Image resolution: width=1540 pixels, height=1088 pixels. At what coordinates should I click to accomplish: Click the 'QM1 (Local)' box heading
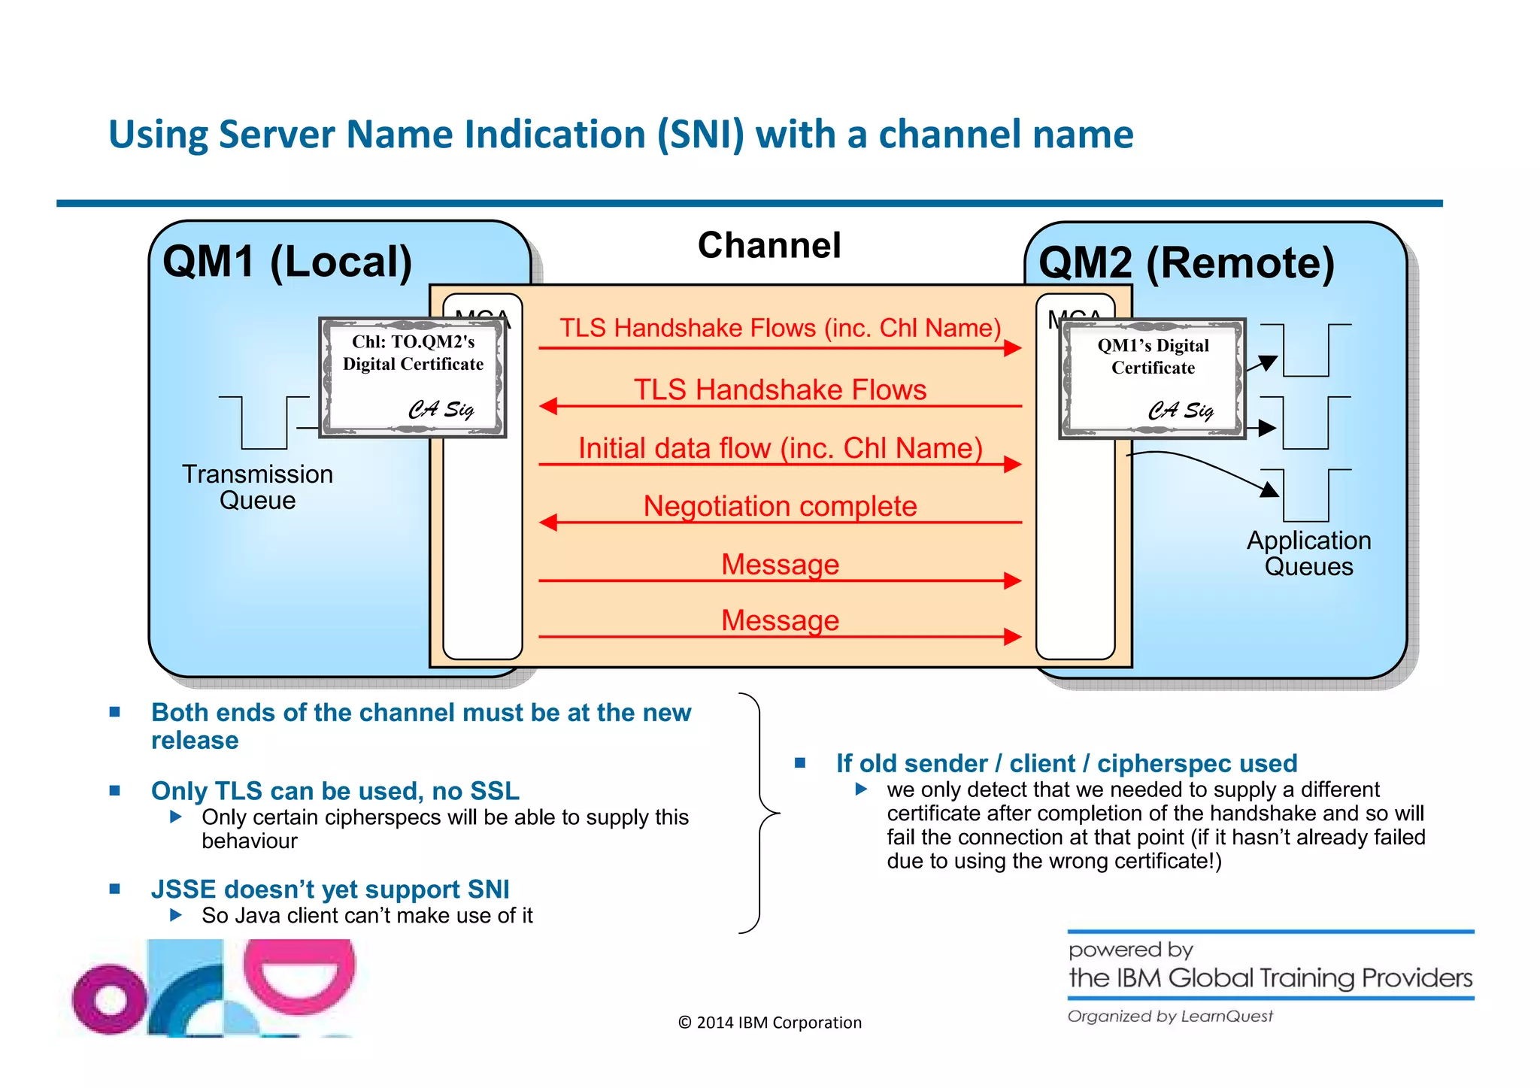tap(287, 262)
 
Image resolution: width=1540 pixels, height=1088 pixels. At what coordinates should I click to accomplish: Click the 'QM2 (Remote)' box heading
tap(1186, 264)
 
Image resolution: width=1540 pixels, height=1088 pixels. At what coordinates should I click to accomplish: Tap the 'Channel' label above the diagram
tap(768, 246)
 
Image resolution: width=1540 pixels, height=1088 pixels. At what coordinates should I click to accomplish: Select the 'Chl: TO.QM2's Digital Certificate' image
tap(413, 377)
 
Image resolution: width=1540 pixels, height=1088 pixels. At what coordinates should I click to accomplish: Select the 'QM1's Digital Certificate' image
tap(1152, 379)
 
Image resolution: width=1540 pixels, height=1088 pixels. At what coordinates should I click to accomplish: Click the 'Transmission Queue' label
tap(257, 487)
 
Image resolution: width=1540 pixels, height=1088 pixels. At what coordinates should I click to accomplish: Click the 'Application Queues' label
tap(1308, 553)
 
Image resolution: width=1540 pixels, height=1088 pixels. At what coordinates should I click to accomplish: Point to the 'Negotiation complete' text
tap(780, 506)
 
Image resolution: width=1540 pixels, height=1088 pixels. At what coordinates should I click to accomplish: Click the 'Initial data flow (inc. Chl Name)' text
tap(780, 448)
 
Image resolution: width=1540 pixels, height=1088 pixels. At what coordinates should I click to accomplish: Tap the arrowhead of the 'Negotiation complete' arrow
tap(549, 522)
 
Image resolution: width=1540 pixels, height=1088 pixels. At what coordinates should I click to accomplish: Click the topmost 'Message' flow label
tap(780, 564)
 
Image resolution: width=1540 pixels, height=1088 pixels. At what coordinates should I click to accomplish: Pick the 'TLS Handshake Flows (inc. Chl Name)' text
tap(780, 329)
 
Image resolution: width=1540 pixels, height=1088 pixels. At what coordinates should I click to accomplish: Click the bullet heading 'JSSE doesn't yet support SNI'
tap(330, 889)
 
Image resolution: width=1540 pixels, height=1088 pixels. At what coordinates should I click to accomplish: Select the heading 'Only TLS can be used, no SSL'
tap(335, 791)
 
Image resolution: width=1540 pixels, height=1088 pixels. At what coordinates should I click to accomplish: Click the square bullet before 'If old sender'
tap(800, 763)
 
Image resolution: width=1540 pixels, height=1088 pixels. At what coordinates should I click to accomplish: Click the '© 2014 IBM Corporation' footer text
tap(769, 1023)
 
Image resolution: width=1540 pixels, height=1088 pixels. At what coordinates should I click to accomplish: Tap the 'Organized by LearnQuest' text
tap(1169, 1017)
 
